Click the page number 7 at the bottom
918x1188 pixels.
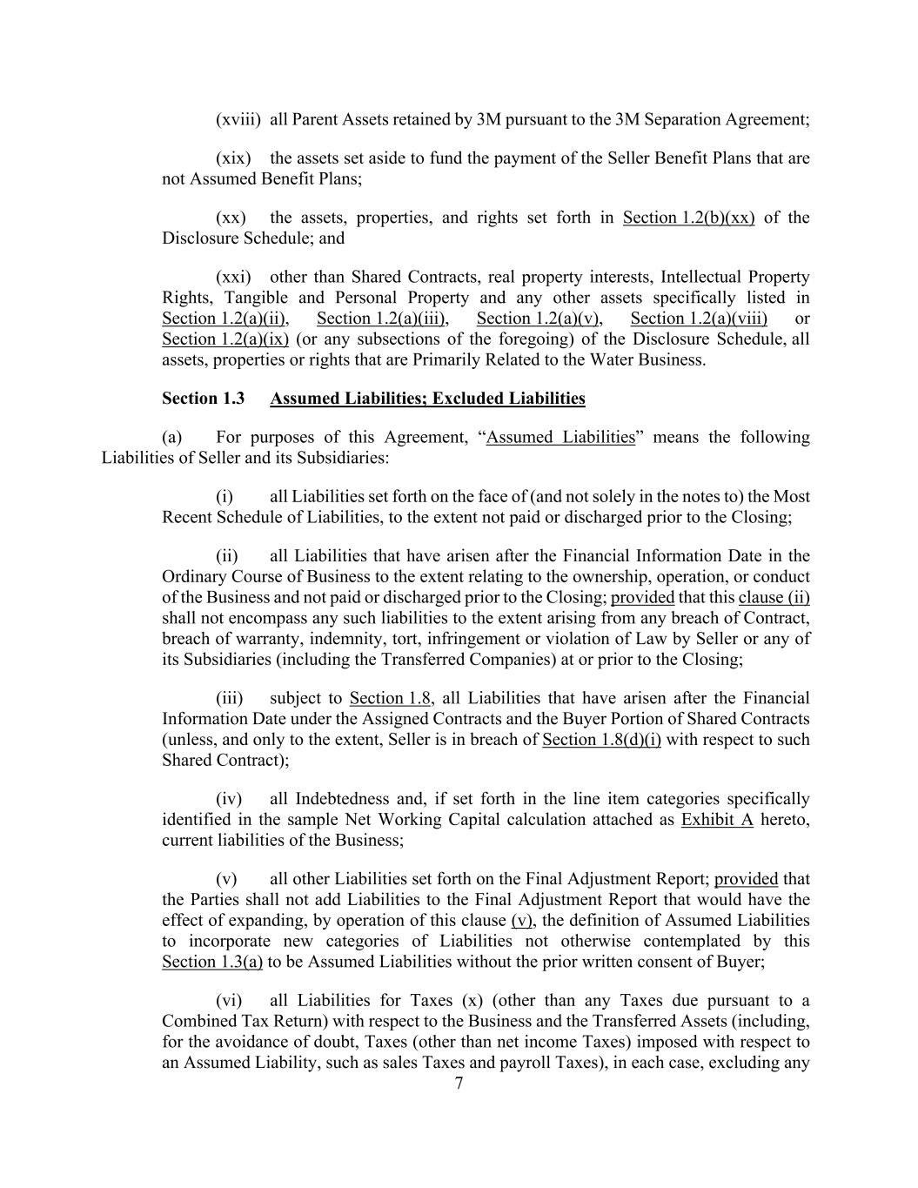tap(459, 1083)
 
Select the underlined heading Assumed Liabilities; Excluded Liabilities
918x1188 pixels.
tap(427, 399)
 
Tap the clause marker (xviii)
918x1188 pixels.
tap(238, 119)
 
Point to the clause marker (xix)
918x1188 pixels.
tap(233, 158)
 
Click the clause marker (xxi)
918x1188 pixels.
tap(233, 277)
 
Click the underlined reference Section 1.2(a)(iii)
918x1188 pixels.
tap(381, 319)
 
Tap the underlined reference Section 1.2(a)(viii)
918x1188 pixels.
tap(699, 319)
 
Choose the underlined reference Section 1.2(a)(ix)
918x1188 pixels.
tap(224, 339)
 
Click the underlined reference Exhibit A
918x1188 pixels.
tap(717, 820)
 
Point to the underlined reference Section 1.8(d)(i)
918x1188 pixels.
tap(601, 740)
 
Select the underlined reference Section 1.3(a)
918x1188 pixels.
tap(212, 962)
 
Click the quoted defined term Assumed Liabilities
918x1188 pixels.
tap(560, 437)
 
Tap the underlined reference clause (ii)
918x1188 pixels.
tap(774, 598)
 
